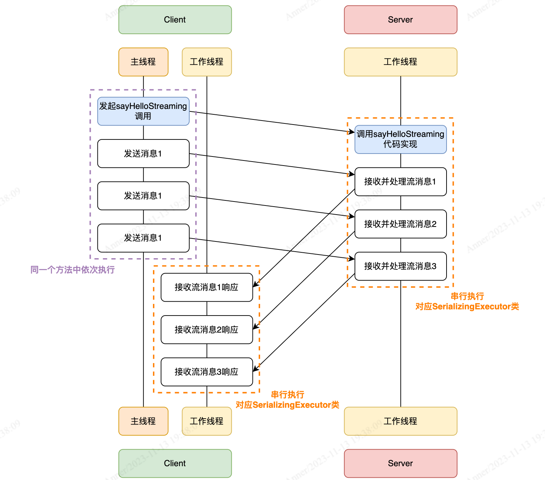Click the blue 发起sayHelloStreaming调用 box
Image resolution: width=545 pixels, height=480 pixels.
[x=143, y=111]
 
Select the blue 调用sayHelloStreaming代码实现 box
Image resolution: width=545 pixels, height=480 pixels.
[x=400, y=139]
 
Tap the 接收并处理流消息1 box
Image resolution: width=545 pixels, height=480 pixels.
[x=400, y=182]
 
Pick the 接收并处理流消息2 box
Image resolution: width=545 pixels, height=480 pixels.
[x=400, y=224]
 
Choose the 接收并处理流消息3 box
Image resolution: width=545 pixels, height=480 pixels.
[x=400, y=266]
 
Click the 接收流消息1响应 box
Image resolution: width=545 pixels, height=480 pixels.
[x=206, y=287]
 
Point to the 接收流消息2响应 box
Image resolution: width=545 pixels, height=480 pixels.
[x=206, y=329]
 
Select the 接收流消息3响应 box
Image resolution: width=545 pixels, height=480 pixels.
[x=206, y=372]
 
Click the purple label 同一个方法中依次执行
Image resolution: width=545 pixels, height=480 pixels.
[x=73, y=270]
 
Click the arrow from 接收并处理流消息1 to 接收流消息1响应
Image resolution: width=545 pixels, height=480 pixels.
[x=304, y=238]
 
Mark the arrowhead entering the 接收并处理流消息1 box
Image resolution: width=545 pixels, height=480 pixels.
[x=352, y=175]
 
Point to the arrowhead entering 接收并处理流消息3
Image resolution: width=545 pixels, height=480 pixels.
[x=352, y=259]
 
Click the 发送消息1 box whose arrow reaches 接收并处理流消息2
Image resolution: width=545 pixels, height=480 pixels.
[x=143, y=196]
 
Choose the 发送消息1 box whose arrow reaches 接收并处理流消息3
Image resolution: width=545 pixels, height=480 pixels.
[x=143, y=238]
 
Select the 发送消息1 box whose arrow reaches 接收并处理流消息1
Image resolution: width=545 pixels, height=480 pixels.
[x=143, y=154]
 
